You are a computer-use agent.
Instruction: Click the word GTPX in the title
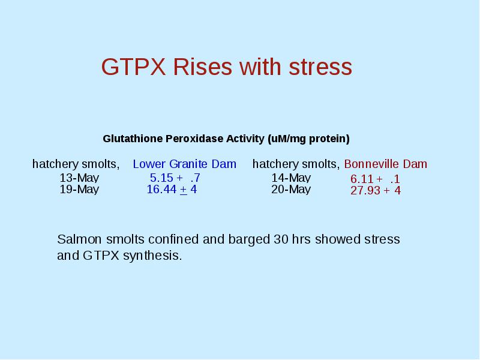[x=133, y=67]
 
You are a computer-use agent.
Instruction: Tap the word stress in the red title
[x=320, y=67]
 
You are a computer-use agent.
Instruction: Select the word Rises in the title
[x=203, y=67]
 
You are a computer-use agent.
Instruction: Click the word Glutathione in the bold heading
[x=133, y=139]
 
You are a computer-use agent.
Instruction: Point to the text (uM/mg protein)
[x=308, y=139]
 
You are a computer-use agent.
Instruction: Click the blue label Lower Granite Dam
[x=185, y=164]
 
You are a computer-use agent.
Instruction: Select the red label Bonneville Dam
[x=385, y=164]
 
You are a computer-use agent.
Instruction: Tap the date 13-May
[x=79, y=178]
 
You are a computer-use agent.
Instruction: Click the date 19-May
[x=79, y=189]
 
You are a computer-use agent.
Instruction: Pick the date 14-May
[x=291, y=178]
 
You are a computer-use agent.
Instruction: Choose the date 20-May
[x=291, y=189]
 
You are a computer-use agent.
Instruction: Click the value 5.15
[x=161, y=178]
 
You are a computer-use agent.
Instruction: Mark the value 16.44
[x=161, y=190]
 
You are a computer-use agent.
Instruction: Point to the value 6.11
[x=362, y=179]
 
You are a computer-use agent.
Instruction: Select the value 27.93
[x=365, y=190]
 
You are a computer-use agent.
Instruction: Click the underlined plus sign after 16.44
[x=184, y=190]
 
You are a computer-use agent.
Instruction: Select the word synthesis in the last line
[x=152, y=256]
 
